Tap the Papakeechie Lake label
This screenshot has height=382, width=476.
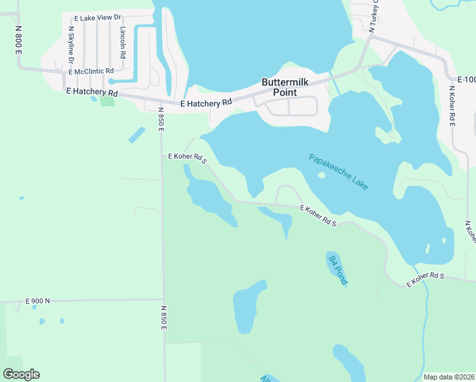[338, 172]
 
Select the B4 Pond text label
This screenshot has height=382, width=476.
[338, 269]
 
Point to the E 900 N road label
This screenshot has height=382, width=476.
[38, 301]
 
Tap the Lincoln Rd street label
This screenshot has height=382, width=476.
[123, 39]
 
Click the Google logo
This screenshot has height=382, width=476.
[21, 374]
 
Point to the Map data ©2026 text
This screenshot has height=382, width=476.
[448, 377]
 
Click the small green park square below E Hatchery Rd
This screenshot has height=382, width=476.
[107, 101]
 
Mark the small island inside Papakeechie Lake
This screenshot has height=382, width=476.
[321, 176]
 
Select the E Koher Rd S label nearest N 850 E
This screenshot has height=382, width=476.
[188, 157]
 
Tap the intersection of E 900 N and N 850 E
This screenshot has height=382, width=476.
[163, 299]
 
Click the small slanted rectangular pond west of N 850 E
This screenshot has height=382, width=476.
[136, 134]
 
